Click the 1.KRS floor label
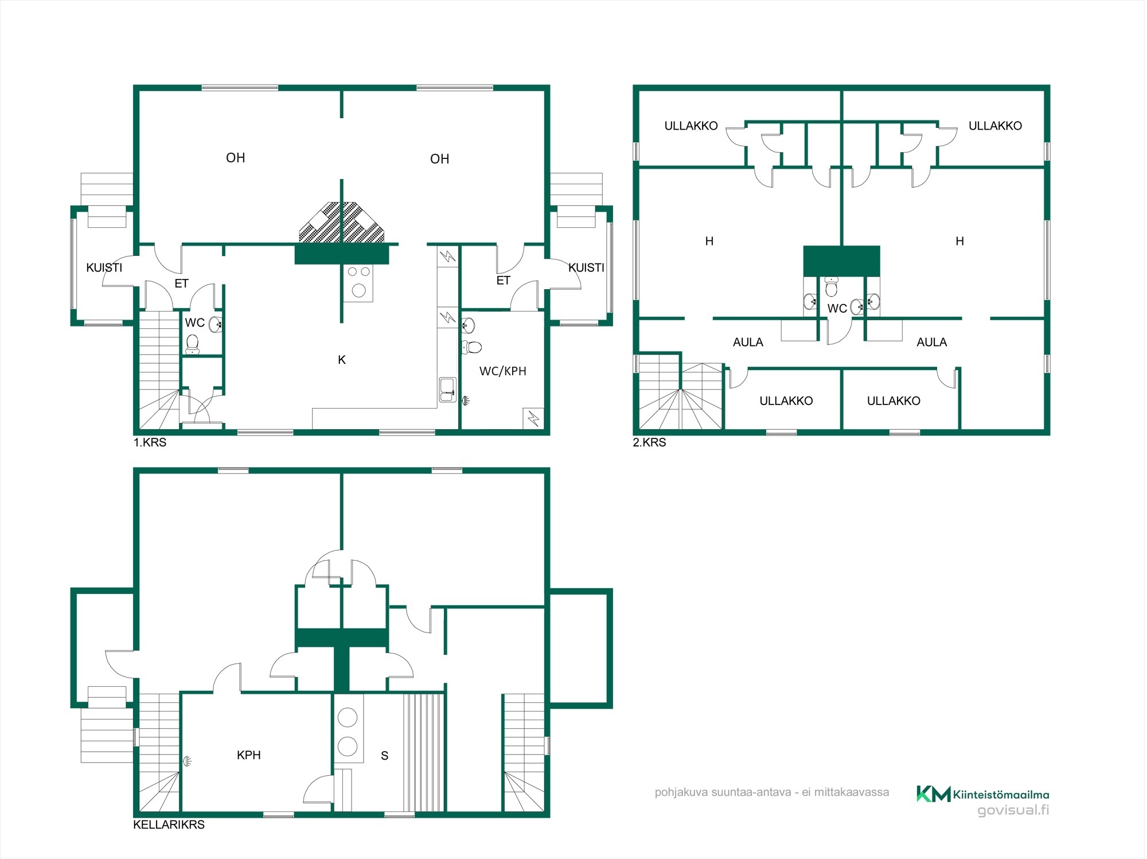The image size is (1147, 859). (150, 442)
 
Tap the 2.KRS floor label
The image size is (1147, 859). (649, 442)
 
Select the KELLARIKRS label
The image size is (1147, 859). (169, 825)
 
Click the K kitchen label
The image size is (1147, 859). (342, 360)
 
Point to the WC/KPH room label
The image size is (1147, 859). (503, 371)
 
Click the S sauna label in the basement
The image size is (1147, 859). (385, 756)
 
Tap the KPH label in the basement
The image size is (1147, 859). (249, 755)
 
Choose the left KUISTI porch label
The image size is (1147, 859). (104, 267)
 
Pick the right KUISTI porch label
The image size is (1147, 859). (586, 267)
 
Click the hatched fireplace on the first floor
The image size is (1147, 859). (342, 223)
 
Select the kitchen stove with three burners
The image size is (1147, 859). (358, 282)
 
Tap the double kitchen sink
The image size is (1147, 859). (447, 390)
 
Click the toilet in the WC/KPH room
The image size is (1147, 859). (472, 347)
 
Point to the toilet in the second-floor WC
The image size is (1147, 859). (831, 286)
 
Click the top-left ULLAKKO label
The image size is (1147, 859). (691, 126)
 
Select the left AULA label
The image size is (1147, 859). (748, 342)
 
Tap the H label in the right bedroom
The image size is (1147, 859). (960, 241)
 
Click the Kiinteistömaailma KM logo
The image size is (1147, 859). (982, 794)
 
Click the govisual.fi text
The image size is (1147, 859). (1013, 810)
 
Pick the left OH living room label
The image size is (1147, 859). (236, 158)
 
